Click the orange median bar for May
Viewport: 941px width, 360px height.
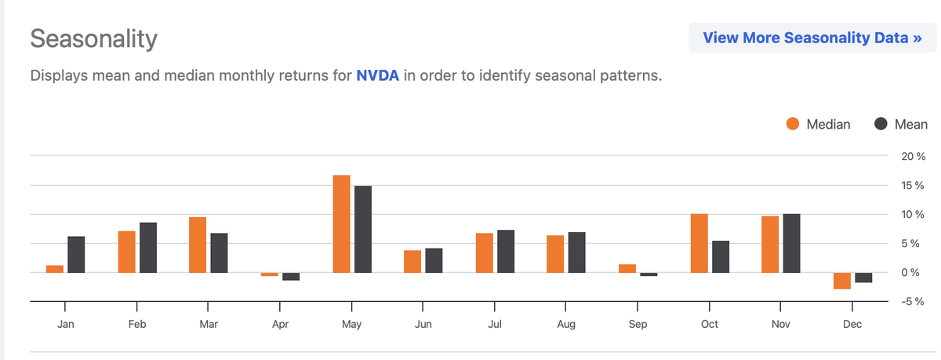pos(341,224)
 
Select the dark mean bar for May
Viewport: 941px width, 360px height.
pos(362,229)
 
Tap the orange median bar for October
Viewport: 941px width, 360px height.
pos(699,243)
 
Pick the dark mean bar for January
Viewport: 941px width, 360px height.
pos(76,254)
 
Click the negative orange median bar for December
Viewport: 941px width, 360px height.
pos(842,281)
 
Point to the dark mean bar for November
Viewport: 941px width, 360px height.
pos(792,243)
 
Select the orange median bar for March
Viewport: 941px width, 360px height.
pos(198,245)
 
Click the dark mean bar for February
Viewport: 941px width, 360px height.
pos(148,247)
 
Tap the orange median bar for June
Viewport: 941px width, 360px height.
pos(412,261)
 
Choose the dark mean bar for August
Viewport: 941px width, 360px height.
pos(577,253)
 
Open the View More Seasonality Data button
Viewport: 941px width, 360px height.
pos(812,38)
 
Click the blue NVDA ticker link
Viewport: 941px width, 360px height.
pos(377,77)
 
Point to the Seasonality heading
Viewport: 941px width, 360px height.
pos(93,38)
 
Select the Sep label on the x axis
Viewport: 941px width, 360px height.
pos(638,324)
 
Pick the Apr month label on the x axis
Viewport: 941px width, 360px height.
pos(280,324)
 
